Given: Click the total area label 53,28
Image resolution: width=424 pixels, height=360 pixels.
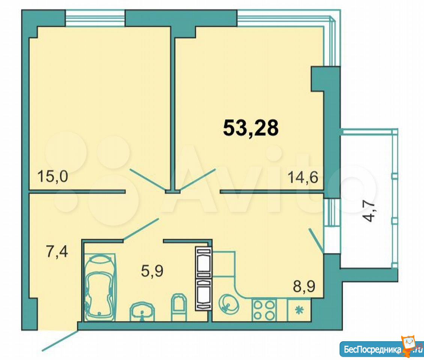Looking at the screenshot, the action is click(251, 128).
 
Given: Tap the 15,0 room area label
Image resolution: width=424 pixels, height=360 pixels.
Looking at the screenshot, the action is click(53, 177).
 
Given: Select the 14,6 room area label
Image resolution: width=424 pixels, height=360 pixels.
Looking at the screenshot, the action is click(303, 178).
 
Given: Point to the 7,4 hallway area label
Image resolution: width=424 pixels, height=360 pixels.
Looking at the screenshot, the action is click(57, 252).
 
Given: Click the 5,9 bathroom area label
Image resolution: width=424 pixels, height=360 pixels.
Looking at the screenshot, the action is click(152, 271).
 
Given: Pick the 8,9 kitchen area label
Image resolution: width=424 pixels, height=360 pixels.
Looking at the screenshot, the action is click(304, 286).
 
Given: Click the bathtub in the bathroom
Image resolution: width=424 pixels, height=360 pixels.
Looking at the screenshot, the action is click(100, 287).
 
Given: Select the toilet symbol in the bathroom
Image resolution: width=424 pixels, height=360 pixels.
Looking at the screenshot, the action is click(179, 307).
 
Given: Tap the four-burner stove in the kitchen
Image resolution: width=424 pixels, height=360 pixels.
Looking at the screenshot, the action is click(265, 310).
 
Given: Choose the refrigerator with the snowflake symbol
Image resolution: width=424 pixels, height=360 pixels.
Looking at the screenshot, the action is click(299, 310).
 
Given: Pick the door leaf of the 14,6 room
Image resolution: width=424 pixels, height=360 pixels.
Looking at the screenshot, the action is click(198, 180).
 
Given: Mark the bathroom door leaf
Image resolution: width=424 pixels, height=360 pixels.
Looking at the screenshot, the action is click(141, 229).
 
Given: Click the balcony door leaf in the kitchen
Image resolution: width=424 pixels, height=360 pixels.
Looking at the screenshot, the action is click(316, 240).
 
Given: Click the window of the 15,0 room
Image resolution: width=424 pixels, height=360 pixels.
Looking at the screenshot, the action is click(95, 18).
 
